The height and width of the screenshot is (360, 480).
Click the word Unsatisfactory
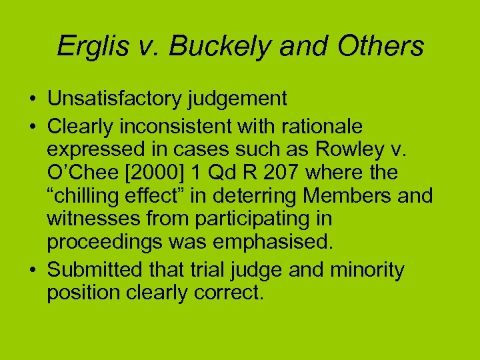pyautogui.click(x=115, y=99)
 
